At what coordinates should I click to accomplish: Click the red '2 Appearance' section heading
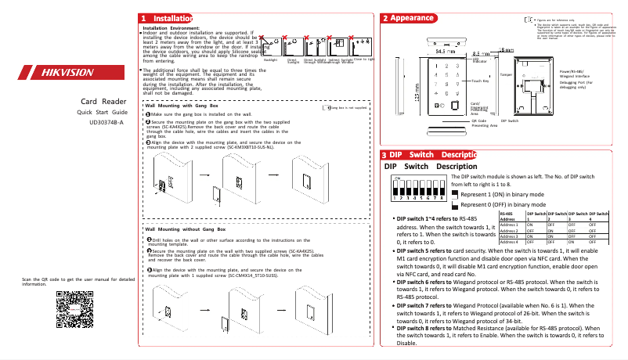[x=410, y=18]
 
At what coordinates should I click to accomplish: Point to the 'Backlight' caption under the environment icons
[x=270, y=59]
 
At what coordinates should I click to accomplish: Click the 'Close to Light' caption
[x=364, y=59]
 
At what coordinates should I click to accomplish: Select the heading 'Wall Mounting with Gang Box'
[x=182, y=106]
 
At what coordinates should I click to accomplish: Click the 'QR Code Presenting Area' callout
[x=484, y=124]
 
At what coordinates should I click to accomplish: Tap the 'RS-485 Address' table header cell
[x=510, y=216]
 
